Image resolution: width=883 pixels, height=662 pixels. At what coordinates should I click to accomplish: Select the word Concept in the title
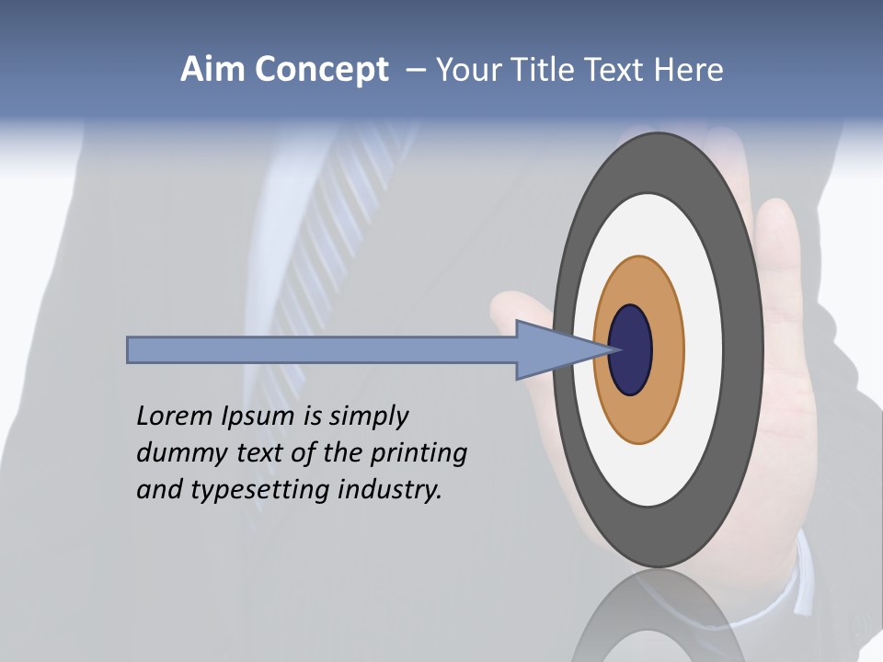pos(321,71)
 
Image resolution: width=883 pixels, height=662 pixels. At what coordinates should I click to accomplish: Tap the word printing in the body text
pos(418,453)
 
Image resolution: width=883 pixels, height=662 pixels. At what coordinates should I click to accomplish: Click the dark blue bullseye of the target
pos(630,349)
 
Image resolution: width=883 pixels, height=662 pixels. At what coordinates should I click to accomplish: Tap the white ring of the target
pos(703,349)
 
